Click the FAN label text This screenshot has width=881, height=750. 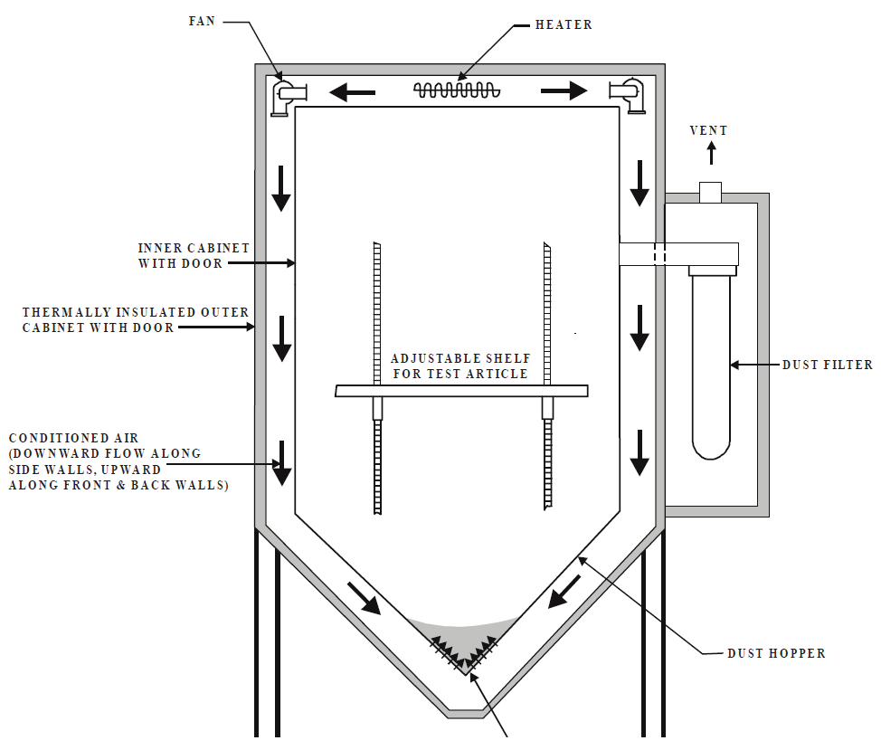pos(202,22)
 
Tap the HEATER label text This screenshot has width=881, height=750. pos(564,24)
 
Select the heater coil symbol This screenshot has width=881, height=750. pos(457,90)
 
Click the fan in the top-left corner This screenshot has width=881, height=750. pos(289,97)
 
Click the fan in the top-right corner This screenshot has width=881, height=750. pos(627,96)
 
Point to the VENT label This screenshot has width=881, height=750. pos(708,130)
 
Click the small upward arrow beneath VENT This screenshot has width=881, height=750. pos(711,153)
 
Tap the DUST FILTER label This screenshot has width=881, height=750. pos(828,365)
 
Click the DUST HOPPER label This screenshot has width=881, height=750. pos(776,653)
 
